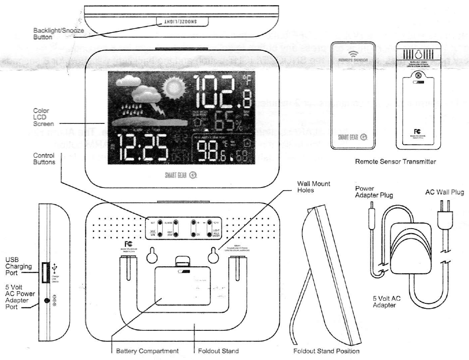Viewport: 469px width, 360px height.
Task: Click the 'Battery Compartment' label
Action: click(x=147, y=351)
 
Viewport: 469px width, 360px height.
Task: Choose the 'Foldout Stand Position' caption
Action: click(x=326, y=351)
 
